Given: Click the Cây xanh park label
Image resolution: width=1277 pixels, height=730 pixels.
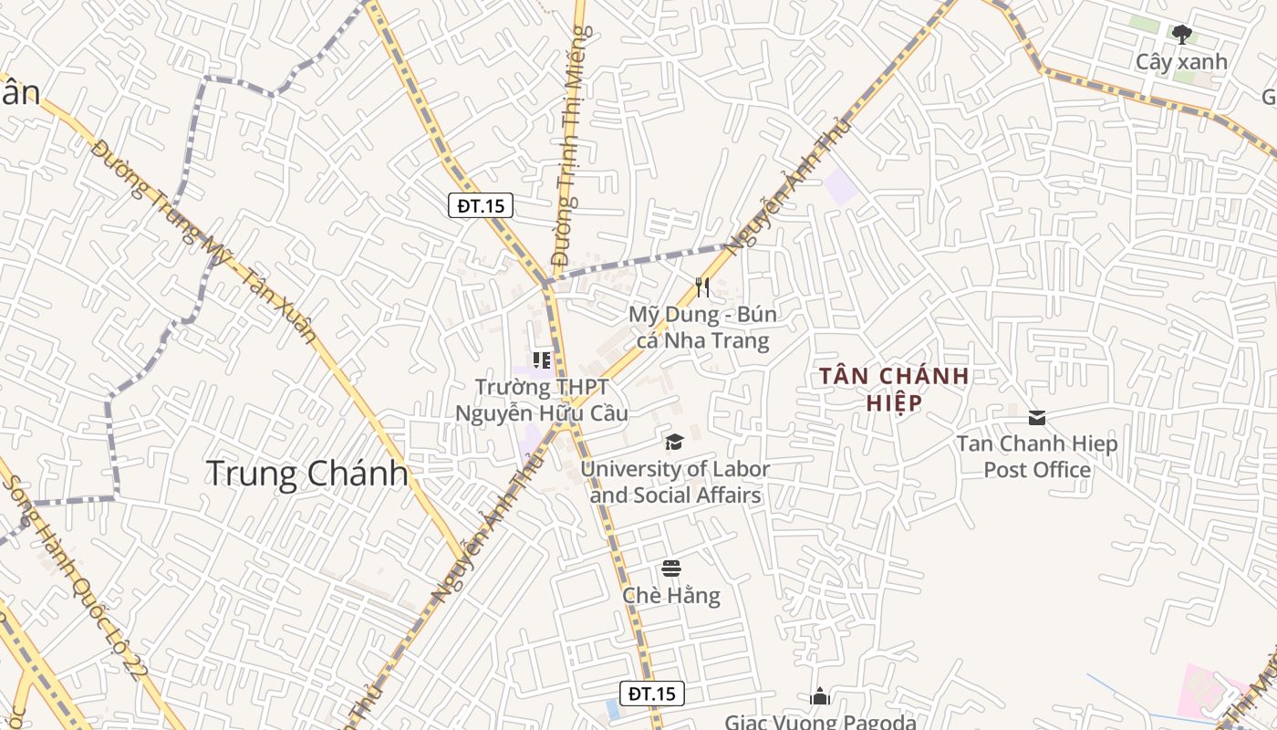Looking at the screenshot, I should coord(1181,62).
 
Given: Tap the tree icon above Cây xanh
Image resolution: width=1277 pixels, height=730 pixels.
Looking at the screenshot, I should coord(1182,36).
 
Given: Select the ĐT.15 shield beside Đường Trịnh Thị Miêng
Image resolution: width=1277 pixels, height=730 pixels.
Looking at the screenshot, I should coord(481,205).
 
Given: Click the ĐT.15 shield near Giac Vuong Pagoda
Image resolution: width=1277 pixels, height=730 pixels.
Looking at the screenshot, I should coord(652,693).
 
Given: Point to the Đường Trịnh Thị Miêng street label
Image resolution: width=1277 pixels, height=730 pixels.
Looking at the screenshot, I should coord(569,146).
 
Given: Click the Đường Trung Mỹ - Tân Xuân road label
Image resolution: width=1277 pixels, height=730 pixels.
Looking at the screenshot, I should coord(204,241).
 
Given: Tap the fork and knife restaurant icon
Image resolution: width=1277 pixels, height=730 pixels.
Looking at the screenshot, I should coord(701,287).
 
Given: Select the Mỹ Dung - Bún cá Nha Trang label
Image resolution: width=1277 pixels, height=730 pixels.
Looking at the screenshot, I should coord(702,328).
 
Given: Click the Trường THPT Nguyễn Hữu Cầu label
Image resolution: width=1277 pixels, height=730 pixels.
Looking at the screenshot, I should coord(542,401).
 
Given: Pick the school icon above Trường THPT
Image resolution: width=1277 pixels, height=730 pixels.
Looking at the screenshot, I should coord(542,360).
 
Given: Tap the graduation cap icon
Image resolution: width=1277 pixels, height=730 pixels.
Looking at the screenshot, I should coord(674,443).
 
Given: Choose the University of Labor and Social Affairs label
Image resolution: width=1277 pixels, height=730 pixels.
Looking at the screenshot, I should coord(675,482).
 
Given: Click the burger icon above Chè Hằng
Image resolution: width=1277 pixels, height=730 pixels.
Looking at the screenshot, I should coord(671,568).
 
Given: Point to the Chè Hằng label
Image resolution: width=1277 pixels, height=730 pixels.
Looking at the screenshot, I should coord(671,596).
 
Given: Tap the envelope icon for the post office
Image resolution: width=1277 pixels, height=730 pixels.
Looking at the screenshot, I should coord(1037,418).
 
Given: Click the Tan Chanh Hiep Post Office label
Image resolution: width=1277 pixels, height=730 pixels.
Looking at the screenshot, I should coord(1037,456).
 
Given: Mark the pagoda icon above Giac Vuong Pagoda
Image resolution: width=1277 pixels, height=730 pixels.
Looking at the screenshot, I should coord(820,697).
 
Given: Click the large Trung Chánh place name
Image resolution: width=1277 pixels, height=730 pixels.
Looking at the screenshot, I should coord(306,474).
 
